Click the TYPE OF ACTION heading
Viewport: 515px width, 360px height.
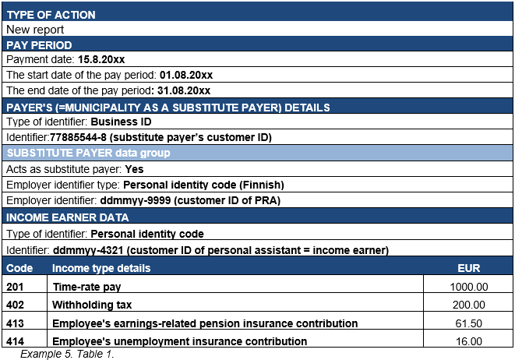pos(51,15)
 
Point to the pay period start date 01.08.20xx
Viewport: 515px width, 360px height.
pos(186,75)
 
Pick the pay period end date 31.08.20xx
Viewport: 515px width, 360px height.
pos(184,90)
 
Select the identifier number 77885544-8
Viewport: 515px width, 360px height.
pos(87,137)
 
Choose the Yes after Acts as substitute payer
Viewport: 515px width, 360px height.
pos(134,169)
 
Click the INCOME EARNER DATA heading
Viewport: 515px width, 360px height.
pos(67,217)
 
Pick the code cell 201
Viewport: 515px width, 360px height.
pos(16,287)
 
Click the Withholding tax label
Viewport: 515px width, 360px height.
pos(91,305)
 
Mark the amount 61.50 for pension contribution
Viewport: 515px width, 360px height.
pos(471,323)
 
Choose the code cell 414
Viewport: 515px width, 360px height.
pos(16,341)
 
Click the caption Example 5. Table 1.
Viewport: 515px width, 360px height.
pos(67,354)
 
